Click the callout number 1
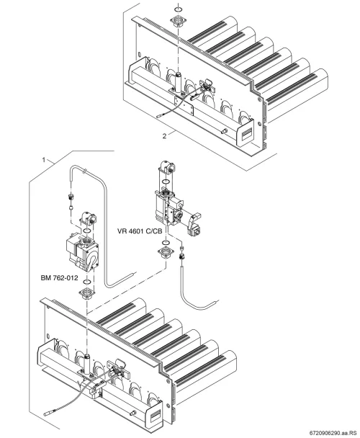click(x=44, y=160)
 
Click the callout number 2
click(x=164, y=136)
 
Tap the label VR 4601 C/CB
click(x=140, y=231)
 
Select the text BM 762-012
click(x=59, y=278)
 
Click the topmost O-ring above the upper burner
click(x=178, y=9)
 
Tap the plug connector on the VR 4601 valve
click(x=195, y=225)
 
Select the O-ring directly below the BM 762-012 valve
click(x=87, y=281)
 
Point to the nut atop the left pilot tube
click(x=71, y=197)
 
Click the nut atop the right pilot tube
click(x=182, y=256)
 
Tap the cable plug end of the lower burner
click(x=49, y=412)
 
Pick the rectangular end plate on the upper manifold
click(x=245, y=132)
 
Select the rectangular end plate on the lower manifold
click(x=155, y=415)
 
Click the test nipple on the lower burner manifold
click(x=133, y=412)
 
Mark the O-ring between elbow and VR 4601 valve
click(x=166, y=182)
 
